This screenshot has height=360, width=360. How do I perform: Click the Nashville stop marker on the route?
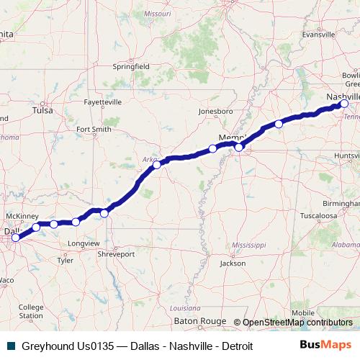tap(344, 104)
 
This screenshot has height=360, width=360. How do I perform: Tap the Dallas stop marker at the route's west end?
tap(15, 237)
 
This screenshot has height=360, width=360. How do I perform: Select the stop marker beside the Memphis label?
tap(239, 148)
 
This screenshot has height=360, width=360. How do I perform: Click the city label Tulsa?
tap(43, 111)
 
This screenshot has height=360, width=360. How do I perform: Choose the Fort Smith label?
tap(94, 130)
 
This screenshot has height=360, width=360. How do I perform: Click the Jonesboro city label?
tap(216, 112)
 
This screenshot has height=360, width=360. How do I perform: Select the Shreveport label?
tap(116, 254)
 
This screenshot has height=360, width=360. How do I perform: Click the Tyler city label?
tap(66, 261)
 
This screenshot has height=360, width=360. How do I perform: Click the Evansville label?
tap(319, 34)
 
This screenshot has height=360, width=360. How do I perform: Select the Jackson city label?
tap(233, 264)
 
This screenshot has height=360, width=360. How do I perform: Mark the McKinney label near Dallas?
tap(21, 216)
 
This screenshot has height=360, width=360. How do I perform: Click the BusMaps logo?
tap(325, 345)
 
